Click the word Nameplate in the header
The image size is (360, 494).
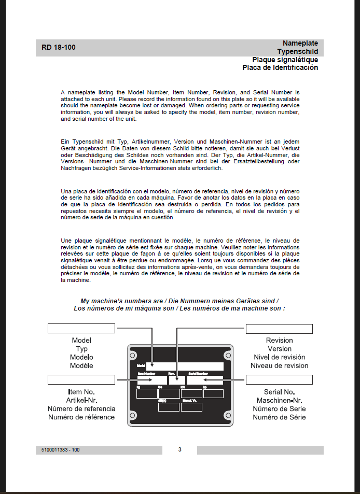300,43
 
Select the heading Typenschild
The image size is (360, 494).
297,51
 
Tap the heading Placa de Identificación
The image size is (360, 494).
280,67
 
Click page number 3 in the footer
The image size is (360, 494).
179,449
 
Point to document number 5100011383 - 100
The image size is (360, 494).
61,450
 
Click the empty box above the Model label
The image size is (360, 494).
81,328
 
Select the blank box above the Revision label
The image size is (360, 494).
279,329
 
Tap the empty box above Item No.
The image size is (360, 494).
81,380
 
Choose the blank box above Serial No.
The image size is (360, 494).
279,380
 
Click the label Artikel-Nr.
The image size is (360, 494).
81,400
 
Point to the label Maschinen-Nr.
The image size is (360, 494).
279,400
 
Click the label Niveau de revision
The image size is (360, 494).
279,365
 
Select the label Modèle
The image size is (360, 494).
81,365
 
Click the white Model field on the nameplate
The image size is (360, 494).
184,366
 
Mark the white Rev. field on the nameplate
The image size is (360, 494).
176,380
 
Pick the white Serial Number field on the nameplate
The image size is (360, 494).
205,380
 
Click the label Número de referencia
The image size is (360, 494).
81,408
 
